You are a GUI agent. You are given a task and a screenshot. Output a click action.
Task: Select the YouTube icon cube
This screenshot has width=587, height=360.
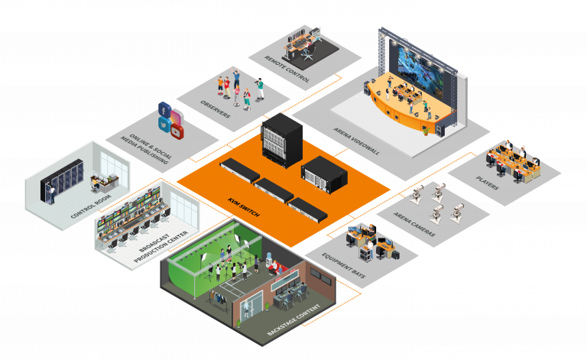(x=177, y=132)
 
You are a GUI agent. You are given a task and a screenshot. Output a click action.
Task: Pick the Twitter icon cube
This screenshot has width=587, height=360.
(x=164, y=124)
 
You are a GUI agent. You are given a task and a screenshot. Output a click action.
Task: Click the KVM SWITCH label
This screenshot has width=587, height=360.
(x=242, y=206)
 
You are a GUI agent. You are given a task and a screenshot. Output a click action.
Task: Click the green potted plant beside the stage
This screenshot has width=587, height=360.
(x=426, y=130)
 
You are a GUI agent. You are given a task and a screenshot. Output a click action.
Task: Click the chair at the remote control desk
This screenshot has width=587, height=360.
(x=309, y=54)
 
